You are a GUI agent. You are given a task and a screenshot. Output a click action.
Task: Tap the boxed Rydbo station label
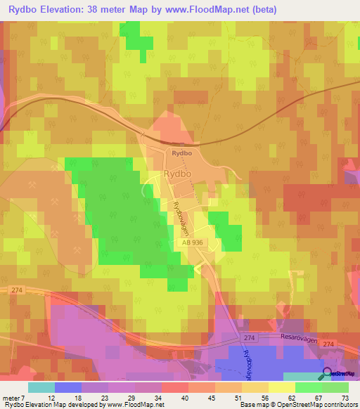point(181,152)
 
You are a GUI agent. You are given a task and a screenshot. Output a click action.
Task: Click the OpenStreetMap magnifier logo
point(326,375)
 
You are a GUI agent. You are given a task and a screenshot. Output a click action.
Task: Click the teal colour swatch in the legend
point(41,387)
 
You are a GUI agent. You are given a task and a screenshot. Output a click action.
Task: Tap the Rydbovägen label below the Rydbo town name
point(179,216)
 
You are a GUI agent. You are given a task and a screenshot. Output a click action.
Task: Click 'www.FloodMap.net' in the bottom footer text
point(133,405)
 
